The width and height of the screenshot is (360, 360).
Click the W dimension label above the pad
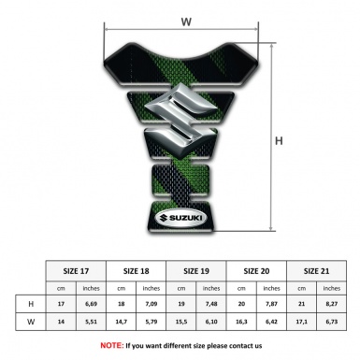(x=186, y=22)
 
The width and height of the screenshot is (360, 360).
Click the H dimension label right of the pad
(x=279, y=141)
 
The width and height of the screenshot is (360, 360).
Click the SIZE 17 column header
(x=76, y=271)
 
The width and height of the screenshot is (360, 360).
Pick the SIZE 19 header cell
(x=196, y=271)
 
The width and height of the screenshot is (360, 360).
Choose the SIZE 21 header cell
(x=316, y=271)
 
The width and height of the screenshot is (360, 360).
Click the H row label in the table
(x=31, y=304)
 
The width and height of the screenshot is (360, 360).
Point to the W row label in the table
(x=31, y=322)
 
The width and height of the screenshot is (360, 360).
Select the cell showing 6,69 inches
(x=91, y=304)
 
